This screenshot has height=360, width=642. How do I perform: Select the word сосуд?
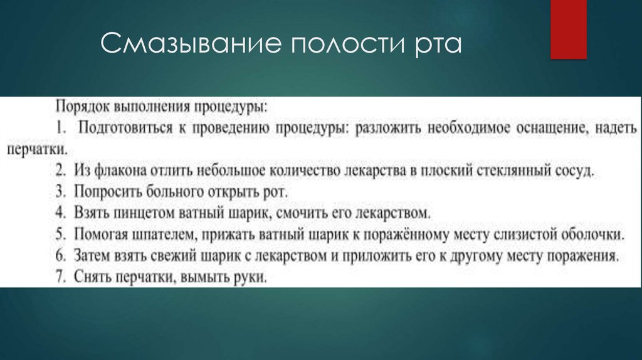point(574,171)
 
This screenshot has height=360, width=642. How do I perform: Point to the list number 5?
point(61,235)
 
